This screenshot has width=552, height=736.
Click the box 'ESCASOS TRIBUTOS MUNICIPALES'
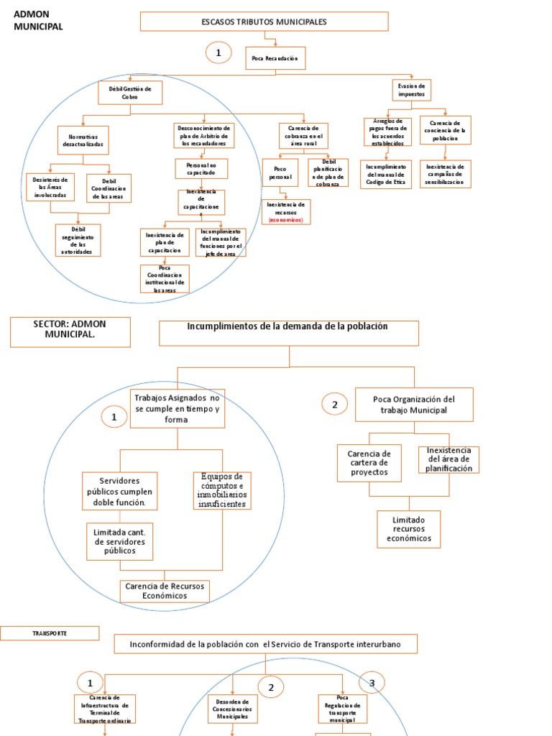click(264, 22)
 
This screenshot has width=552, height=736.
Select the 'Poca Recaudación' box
click(275, 57)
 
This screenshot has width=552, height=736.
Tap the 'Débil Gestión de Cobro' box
click(130, 93)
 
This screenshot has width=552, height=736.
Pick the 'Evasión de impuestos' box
click(413, 90)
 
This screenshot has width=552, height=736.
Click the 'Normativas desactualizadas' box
click(83, 139)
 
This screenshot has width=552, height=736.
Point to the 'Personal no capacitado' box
click(201, 169)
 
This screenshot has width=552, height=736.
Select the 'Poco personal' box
click(280, 172)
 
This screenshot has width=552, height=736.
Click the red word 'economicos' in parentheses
click(286, 220)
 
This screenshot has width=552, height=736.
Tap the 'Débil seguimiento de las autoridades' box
click(78, 240)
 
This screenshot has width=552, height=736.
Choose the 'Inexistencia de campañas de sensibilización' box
click(446, 174)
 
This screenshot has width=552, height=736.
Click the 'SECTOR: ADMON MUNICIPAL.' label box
click(70, 332)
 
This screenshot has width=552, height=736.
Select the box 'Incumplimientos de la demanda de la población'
click(288, 333)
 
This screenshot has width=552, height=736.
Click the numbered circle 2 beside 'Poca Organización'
click(334, 405)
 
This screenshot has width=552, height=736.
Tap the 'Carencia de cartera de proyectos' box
click(369, 464)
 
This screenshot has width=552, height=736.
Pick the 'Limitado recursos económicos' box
click(409, 529)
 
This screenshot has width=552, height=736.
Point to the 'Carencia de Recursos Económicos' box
click(165, 591)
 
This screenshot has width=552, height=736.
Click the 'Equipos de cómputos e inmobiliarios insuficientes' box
click(222, 490)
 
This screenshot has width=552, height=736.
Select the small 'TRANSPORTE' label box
click(50, 633)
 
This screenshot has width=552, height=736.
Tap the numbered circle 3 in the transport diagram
click(372, 684)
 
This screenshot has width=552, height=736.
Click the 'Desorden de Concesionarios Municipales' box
click(232, 709)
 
